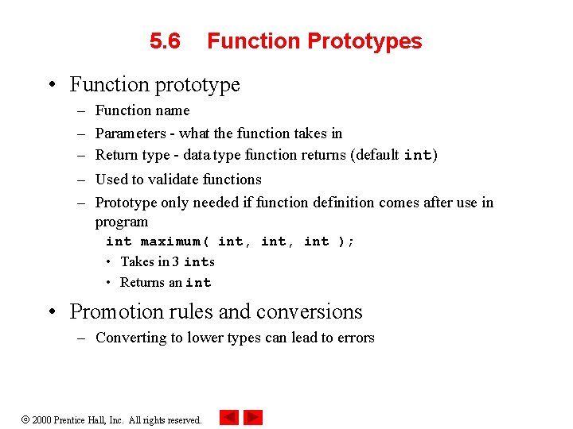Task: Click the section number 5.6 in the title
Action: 165,41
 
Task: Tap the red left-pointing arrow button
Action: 229,417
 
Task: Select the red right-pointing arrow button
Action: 253,417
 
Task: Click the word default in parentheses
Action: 375,155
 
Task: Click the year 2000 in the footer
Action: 41,420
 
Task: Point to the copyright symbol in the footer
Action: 24,420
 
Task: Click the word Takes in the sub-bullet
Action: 136,261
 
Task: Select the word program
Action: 122,222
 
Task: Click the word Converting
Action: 131,338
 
